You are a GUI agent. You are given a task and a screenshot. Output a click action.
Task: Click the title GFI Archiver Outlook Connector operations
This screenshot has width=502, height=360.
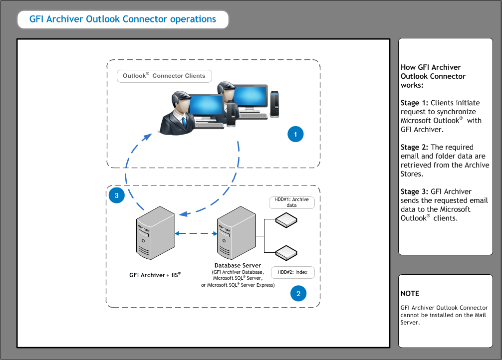coord(123,19)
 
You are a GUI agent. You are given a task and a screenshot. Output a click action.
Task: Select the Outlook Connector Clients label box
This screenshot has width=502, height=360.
coord(164,76)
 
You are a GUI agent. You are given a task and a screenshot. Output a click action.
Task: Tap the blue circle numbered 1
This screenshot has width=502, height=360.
coord(295,134)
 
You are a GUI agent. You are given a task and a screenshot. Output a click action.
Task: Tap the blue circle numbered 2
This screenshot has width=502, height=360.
coord(298,294)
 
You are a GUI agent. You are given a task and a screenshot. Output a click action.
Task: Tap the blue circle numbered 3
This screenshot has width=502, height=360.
coord(117,196)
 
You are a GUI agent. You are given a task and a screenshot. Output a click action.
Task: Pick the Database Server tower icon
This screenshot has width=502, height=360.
coord(237,231)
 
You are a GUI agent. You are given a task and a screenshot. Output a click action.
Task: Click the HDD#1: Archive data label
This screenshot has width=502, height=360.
coord(292,202)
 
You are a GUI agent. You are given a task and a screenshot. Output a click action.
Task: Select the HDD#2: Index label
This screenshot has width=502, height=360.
coord(292,272)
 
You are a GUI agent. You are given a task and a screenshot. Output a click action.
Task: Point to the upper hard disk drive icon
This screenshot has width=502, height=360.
coord(286,219)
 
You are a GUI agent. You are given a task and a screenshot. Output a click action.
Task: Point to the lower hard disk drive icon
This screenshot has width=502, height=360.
coord(286,252)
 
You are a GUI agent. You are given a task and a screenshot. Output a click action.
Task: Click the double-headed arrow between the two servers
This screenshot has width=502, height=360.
coord(197,233)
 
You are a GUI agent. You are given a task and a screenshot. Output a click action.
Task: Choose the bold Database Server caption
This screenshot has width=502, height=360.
coord(238,265)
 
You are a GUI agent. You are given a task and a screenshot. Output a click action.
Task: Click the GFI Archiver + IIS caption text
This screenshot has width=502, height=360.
coord(155,275)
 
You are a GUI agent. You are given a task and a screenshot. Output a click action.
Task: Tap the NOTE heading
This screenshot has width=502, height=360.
coord(410,294)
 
